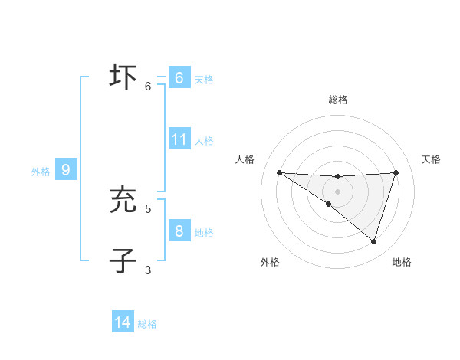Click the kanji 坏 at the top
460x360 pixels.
pyautogui.click(x=123, y=78)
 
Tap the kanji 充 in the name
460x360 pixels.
pyautogui.click(x=123, y=200)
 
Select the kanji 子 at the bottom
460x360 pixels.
pyautogui.click(x=123, y=260)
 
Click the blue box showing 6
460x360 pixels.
pyautogui.click(x=179, y=78)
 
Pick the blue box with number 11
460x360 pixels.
pyautogui.click(x=179, y=139)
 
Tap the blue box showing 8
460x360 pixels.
pyautogui.click(x=179, y=231)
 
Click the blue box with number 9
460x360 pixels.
pyautogui.click(x=66, y=170)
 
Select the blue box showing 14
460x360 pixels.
pyautogui.click(x=123, y=322)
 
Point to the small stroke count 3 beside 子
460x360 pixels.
pyautogui.click(x=148, y=270)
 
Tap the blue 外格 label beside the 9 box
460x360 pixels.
pyautogui.click(x=41, y=172)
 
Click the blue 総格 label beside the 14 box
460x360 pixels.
pyautogui.click(x=147, y=324)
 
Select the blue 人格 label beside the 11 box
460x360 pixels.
pyautogui.click(x=204, y=141)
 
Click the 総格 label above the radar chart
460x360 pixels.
pyautogui.click(x=338, y=100)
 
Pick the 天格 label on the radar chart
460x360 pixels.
pyautogui.click(x=431, y=159)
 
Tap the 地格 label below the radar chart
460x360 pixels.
pyautogui.click(x=402, y=263)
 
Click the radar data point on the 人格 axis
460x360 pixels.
pyautogui.click(x=279, y=172)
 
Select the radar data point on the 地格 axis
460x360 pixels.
pyautogui.click(x=373, y=242)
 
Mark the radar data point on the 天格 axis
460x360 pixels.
pyautogui.click(x=396, y=172)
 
